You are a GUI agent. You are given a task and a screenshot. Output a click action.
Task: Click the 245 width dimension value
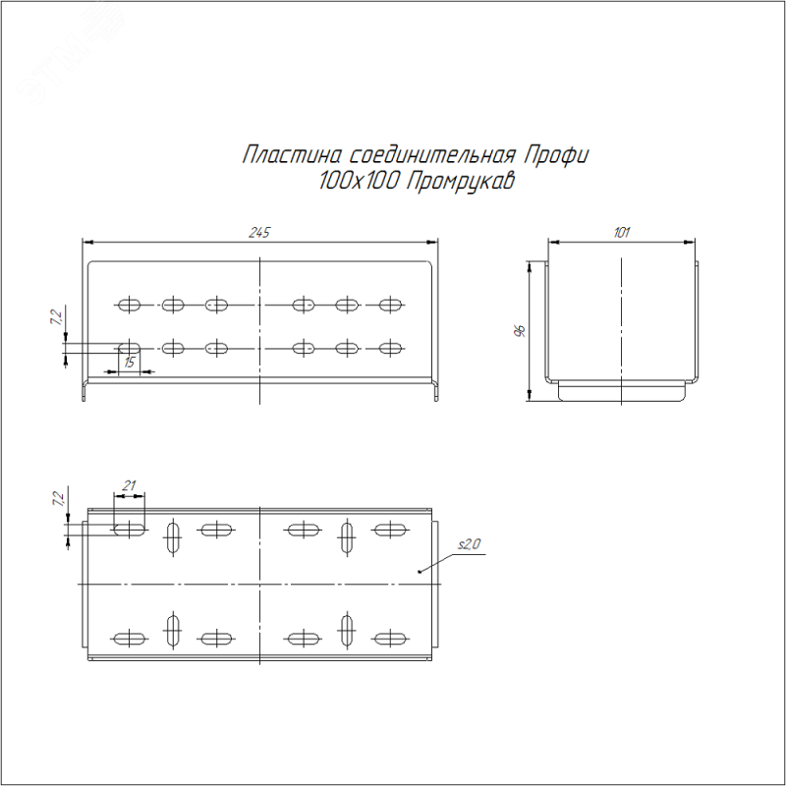259,233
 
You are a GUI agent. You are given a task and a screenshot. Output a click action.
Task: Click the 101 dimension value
621,233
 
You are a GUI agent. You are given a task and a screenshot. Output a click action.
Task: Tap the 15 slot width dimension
130,363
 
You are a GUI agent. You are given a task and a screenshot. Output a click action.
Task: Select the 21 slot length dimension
130,485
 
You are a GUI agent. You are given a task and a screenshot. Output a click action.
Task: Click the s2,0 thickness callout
469,544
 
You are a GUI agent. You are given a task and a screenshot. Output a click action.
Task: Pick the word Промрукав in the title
460,182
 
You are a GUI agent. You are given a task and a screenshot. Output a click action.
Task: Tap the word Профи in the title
556,155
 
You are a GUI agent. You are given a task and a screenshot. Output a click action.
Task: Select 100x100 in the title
358,181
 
